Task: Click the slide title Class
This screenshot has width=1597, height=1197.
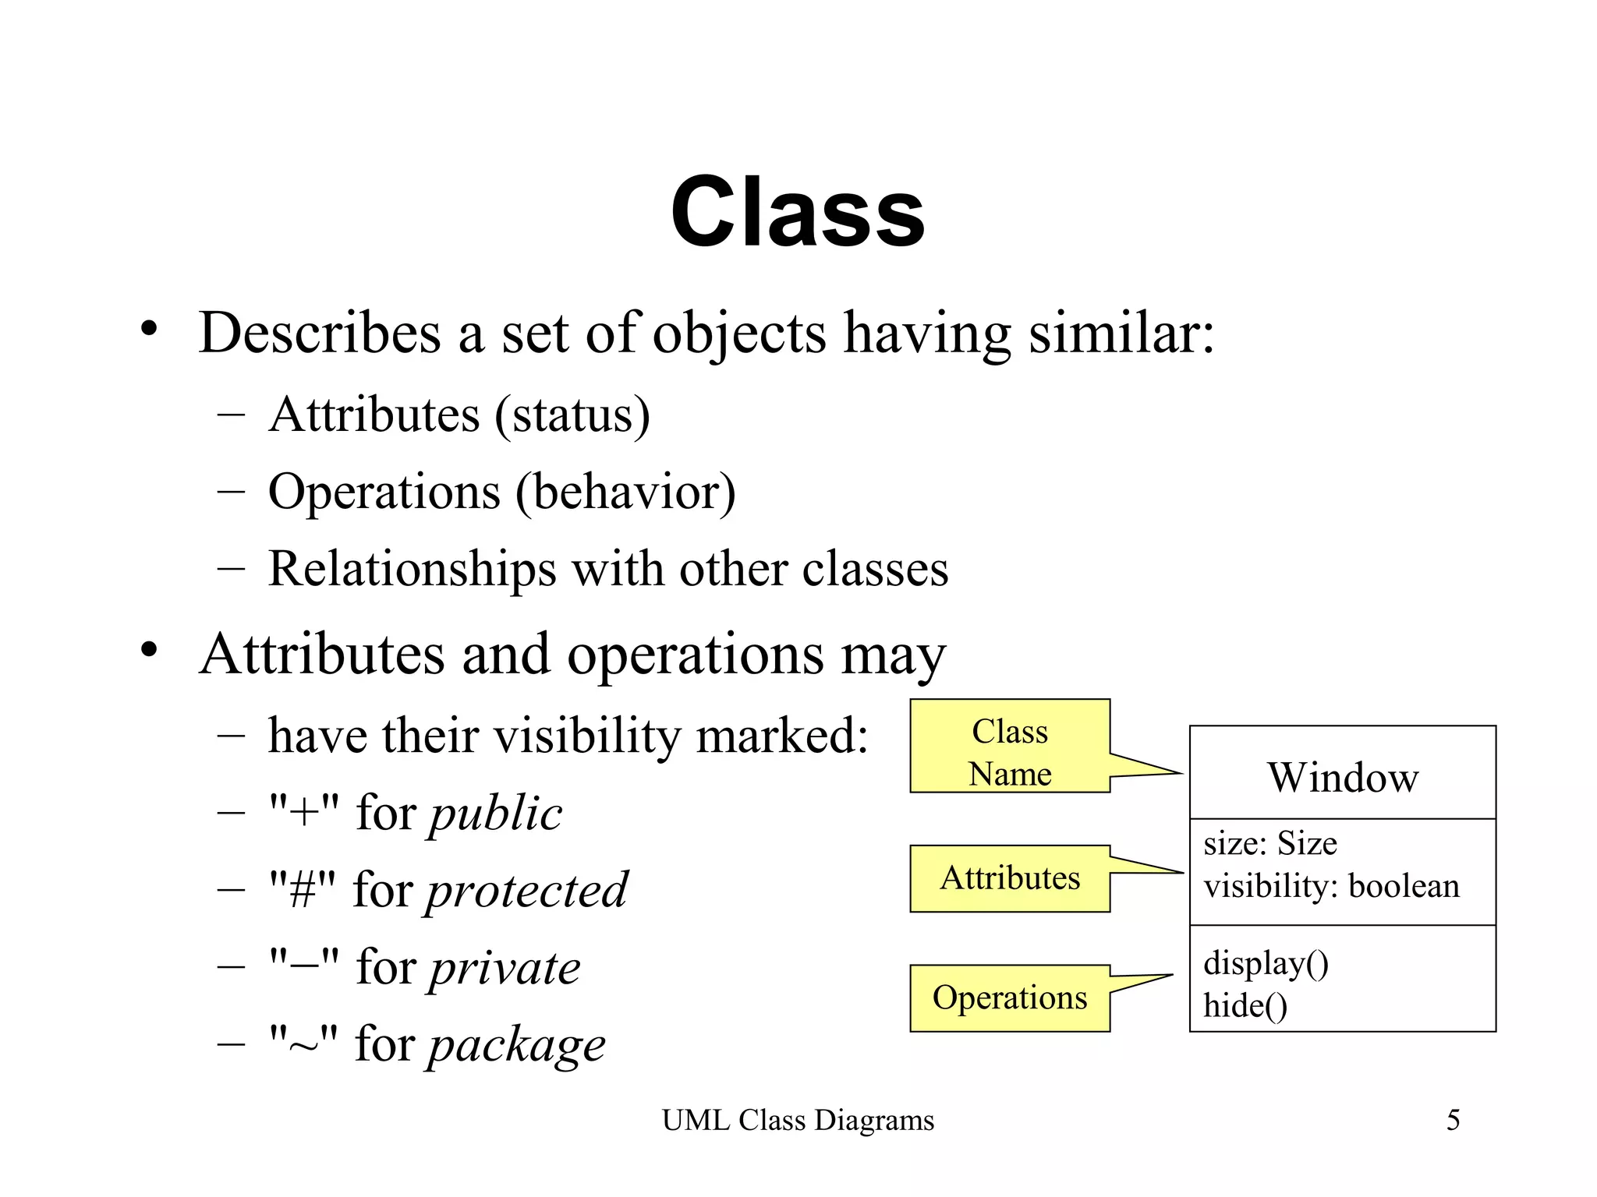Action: pos(798,212)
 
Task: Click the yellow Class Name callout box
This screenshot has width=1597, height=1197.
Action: pos(1010,747)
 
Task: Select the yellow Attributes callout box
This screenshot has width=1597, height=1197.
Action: pos(1010,878)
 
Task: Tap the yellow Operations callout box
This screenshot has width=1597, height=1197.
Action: pos(1010,998)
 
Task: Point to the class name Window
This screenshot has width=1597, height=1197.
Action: pos(1342,778)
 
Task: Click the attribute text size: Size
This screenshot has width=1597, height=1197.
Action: pos(1269,843)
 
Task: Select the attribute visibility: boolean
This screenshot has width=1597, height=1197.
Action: pos(1330,886)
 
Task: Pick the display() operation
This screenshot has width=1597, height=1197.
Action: pos(1265,964)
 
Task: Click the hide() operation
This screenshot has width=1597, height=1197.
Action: pos(1245,1006)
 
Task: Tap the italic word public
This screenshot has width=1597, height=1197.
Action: pos(495,814)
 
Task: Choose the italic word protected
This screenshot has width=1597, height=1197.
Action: pos(526,891)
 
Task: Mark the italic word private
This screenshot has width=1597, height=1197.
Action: pos(505,968)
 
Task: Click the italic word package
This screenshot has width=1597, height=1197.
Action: pos(516,1045)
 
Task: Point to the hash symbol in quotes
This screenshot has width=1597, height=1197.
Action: pos(302,891)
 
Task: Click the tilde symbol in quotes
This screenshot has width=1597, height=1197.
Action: pos(303,1045)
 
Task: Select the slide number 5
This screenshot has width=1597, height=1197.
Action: pos(1453,1120)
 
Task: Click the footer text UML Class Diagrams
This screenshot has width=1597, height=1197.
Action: pos(798,1120)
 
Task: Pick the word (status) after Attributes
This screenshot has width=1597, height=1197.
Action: pos(572,415)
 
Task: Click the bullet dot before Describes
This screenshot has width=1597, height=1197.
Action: pos(149,328)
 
